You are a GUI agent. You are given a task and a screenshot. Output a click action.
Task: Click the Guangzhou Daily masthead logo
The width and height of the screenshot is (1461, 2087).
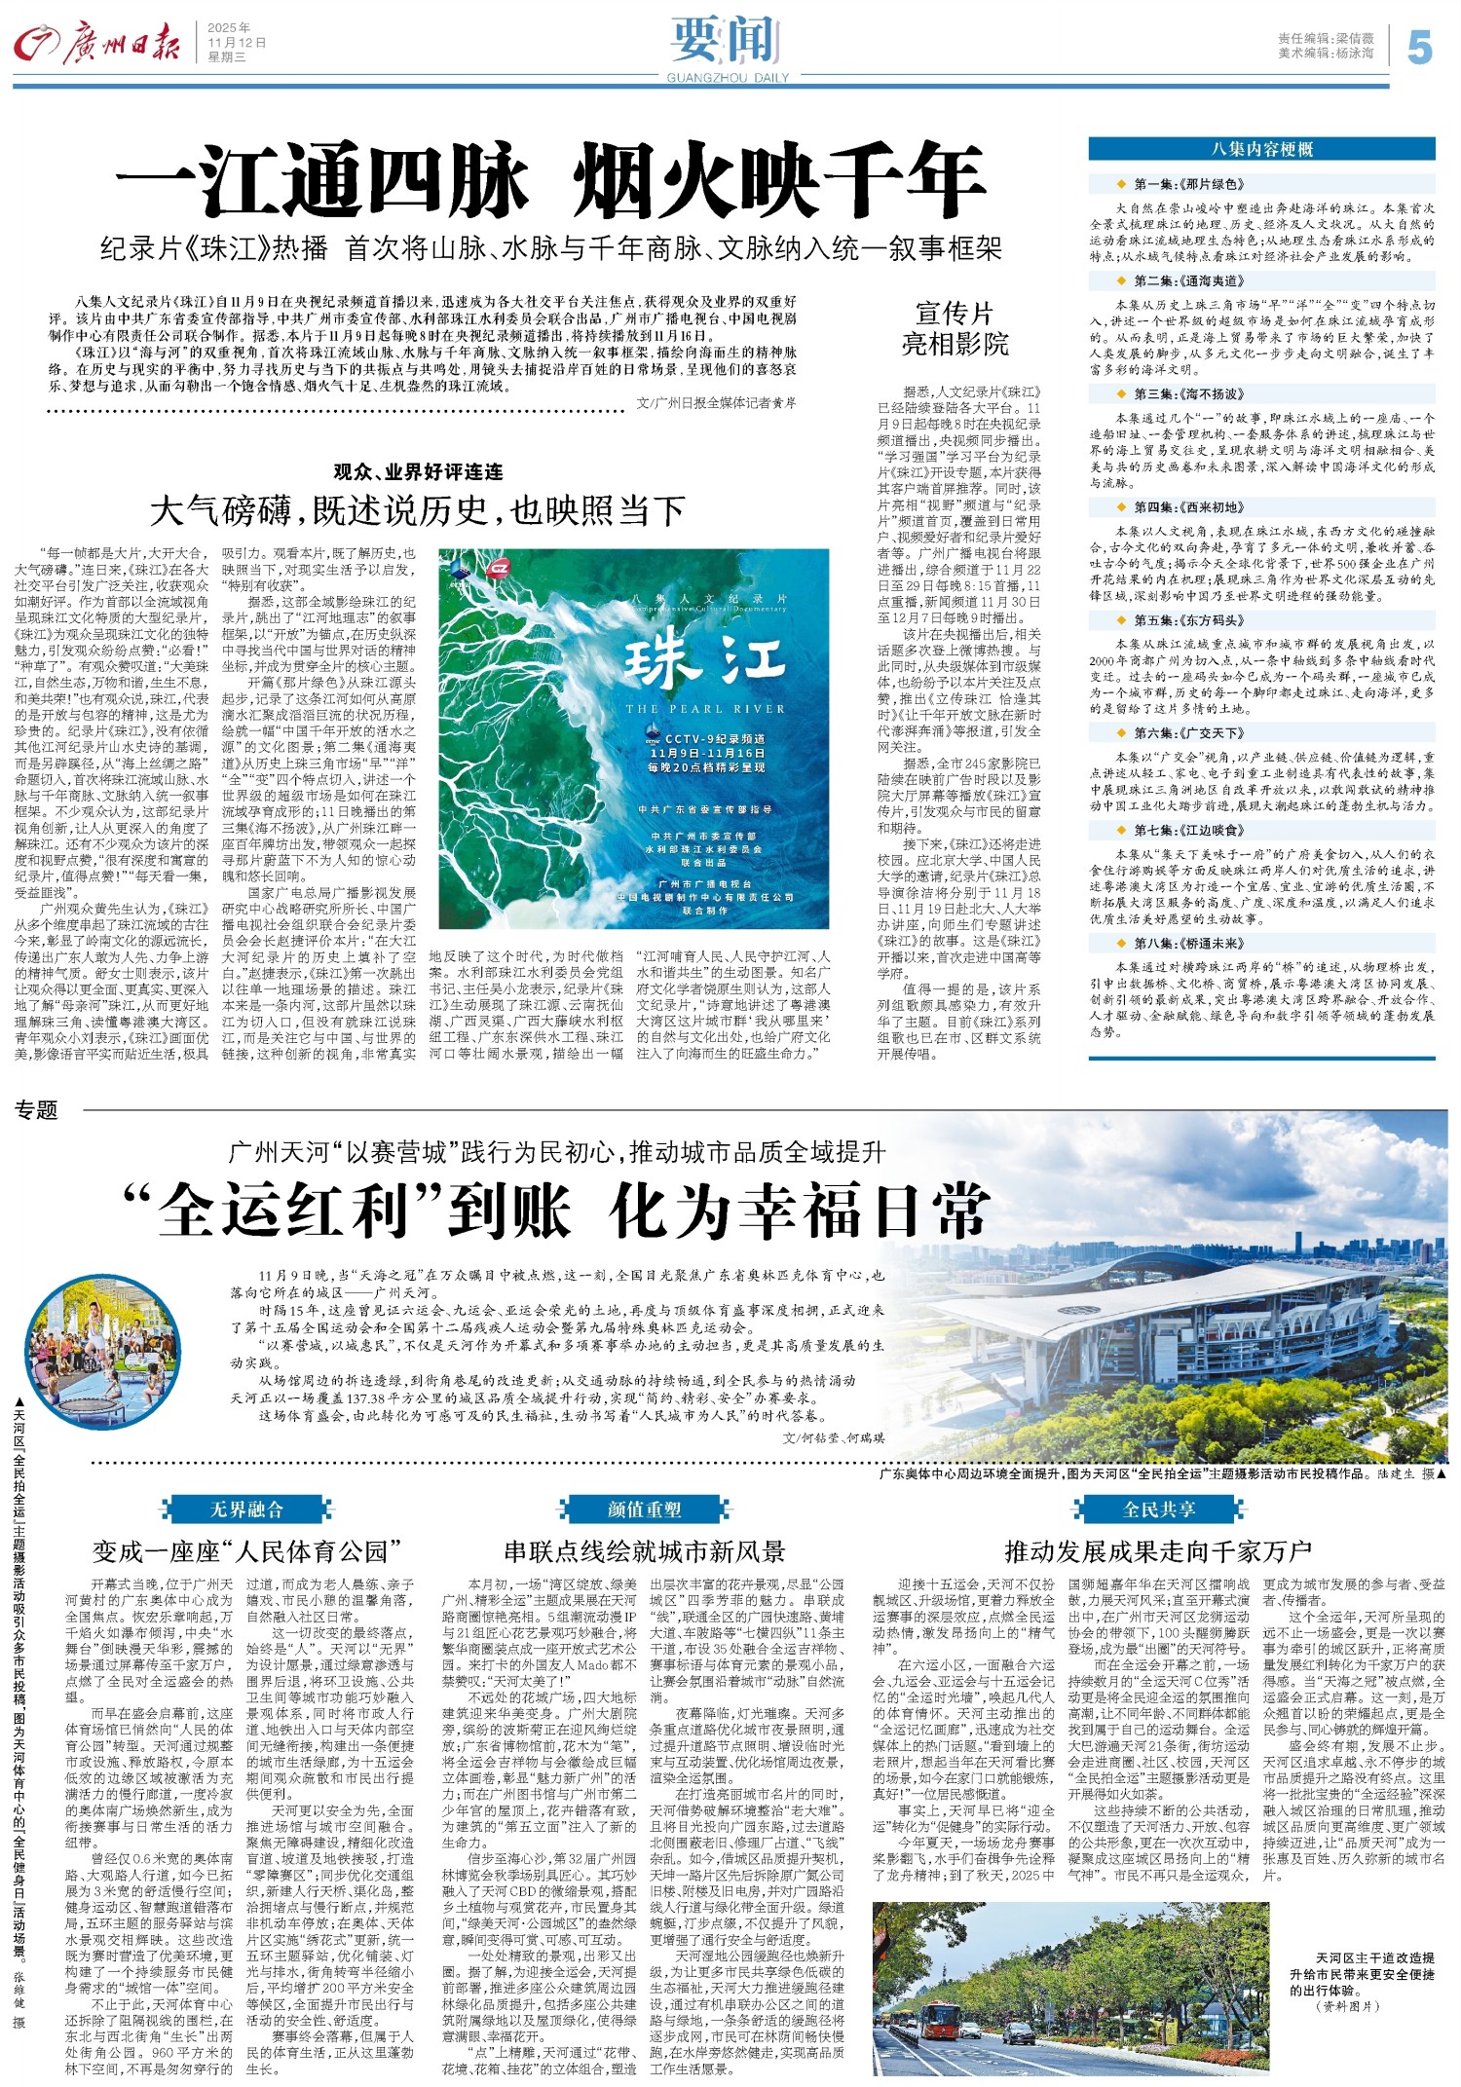pos(97,44)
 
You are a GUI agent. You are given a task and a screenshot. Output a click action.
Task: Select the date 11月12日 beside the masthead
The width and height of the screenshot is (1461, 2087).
pos(236,43)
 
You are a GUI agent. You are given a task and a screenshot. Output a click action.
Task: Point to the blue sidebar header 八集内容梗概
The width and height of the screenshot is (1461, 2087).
pos(1261,149)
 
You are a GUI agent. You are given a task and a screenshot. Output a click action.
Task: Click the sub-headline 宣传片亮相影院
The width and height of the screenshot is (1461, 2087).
pos(955,328)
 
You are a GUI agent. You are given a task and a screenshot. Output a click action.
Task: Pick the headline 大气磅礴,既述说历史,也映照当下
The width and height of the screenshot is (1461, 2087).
pos(418,510)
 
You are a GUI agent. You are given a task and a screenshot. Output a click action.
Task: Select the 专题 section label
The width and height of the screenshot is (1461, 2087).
pos(36,1109)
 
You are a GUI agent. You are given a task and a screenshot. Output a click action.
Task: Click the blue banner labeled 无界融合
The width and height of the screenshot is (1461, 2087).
pos(246,1509)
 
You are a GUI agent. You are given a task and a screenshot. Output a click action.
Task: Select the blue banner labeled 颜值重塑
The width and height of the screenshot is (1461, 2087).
pos(644,1509)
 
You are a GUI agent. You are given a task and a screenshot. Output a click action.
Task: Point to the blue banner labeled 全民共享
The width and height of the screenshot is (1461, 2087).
pos(1158,1509)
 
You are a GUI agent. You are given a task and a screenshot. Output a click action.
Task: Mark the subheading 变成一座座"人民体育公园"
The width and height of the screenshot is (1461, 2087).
pos(247,1551)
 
